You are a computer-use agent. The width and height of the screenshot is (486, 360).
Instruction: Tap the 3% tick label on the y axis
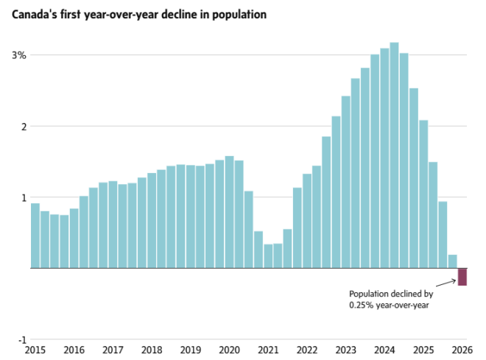[18, 55]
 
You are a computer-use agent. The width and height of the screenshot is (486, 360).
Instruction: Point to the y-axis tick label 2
[23, 127]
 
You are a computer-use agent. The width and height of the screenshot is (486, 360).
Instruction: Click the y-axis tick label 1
[23, 197]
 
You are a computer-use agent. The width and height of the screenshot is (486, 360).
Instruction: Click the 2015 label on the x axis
[35, 350]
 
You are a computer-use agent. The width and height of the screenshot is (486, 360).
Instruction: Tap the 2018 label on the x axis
[152, 350]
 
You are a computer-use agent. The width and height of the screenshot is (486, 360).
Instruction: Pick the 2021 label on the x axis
[268, 350]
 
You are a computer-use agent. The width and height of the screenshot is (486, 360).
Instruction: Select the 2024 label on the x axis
[384, 350]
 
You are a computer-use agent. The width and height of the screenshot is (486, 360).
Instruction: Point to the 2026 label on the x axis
[462, 350]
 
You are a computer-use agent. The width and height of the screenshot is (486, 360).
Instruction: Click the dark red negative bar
[462, 277]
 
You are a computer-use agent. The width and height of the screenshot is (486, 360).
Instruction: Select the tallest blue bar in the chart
[394, 155]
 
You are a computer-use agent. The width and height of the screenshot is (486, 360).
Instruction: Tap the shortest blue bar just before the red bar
[452, 261]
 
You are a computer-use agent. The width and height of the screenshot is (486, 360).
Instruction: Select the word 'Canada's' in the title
[34, 15]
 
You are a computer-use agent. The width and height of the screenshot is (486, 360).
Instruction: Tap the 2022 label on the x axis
[307, 350]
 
